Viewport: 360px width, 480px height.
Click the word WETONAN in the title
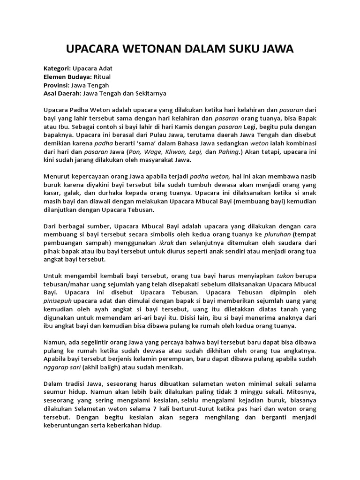coord(148,49)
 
